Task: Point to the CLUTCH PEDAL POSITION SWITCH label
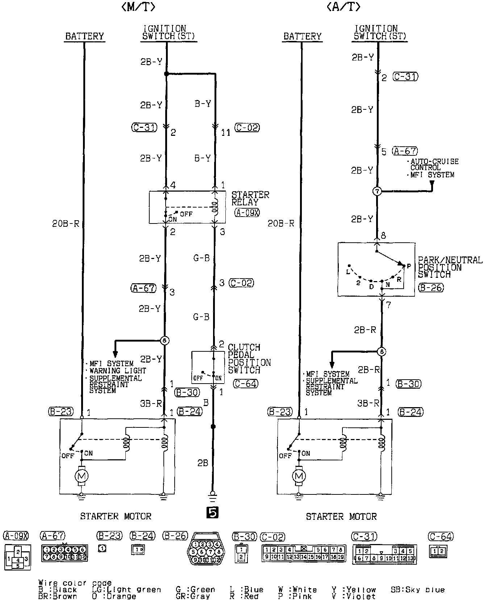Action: (x=249, y=359)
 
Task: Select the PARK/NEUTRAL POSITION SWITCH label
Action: (x=449, y=267)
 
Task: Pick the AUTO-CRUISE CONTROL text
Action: (x=434, y=164)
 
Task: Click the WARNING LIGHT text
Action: (x=117, y=371)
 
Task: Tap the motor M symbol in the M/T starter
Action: (x=81, y=476)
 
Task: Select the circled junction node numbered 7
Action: (x=377, y=191)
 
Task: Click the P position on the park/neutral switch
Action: (x=408, y=266)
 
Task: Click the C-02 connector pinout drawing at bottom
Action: (x=304, y=553)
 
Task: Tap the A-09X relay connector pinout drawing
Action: (x=17, y=557)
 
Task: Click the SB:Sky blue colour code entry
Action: (x=417, y=590)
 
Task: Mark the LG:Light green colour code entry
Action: (x=126, y=590)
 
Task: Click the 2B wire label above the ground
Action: (x=203, y=463)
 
